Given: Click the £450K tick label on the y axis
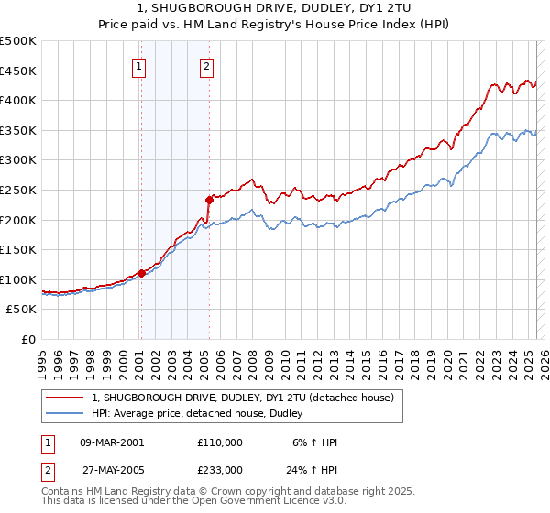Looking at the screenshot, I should (x=18, y=71).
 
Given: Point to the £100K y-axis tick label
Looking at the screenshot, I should (x=18, y=279).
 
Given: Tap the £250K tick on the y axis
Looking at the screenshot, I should (x=18, y=190).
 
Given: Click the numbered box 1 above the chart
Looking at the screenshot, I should (x=138, y=66).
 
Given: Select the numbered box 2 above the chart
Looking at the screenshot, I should (x=207, y=66).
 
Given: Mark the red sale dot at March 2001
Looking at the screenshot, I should (x=141, y=273).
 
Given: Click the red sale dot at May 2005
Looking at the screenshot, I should (x=209, y=199).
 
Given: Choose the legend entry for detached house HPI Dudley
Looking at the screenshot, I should (x=203, y=413).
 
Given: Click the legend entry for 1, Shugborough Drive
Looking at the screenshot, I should (x=243, y=398).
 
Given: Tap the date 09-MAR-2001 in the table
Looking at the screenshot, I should (x=113, y=442).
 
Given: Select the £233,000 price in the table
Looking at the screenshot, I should (x=220, y=469).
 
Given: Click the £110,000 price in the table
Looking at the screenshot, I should (x=220, y=442).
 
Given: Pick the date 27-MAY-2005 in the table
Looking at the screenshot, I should (x=113, y=469).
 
